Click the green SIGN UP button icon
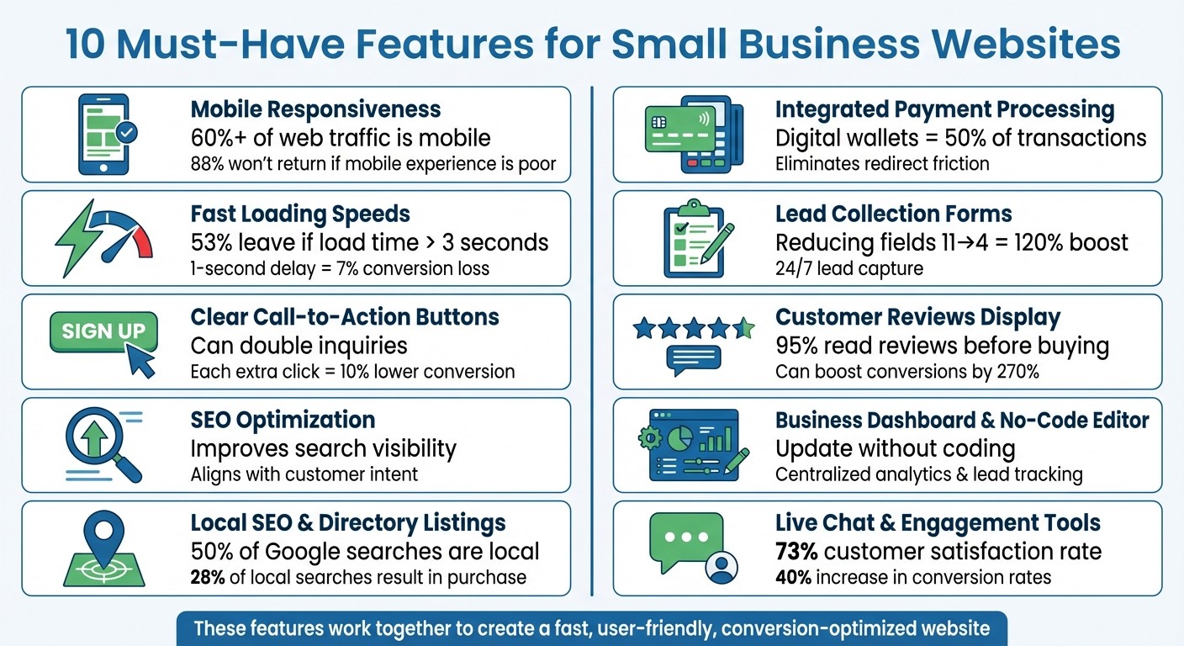point(103,331)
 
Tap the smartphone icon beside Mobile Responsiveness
point(103,134)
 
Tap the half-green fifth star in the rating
point(744,328)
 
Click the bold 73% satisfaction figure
point(796,552)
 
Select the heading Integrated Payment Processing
point(944,109)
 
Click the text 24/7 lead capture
point(848,268)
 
